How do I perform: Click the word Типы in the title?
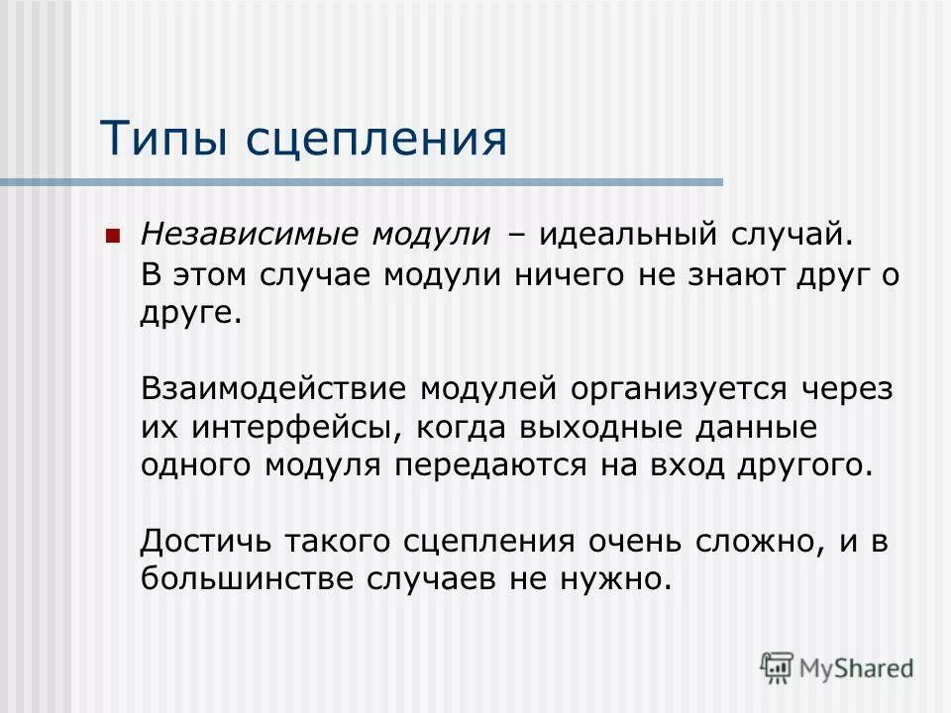[162, 139]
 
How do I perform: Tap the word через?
[843, 387]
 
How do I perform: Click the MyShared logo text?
[857, 668]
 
